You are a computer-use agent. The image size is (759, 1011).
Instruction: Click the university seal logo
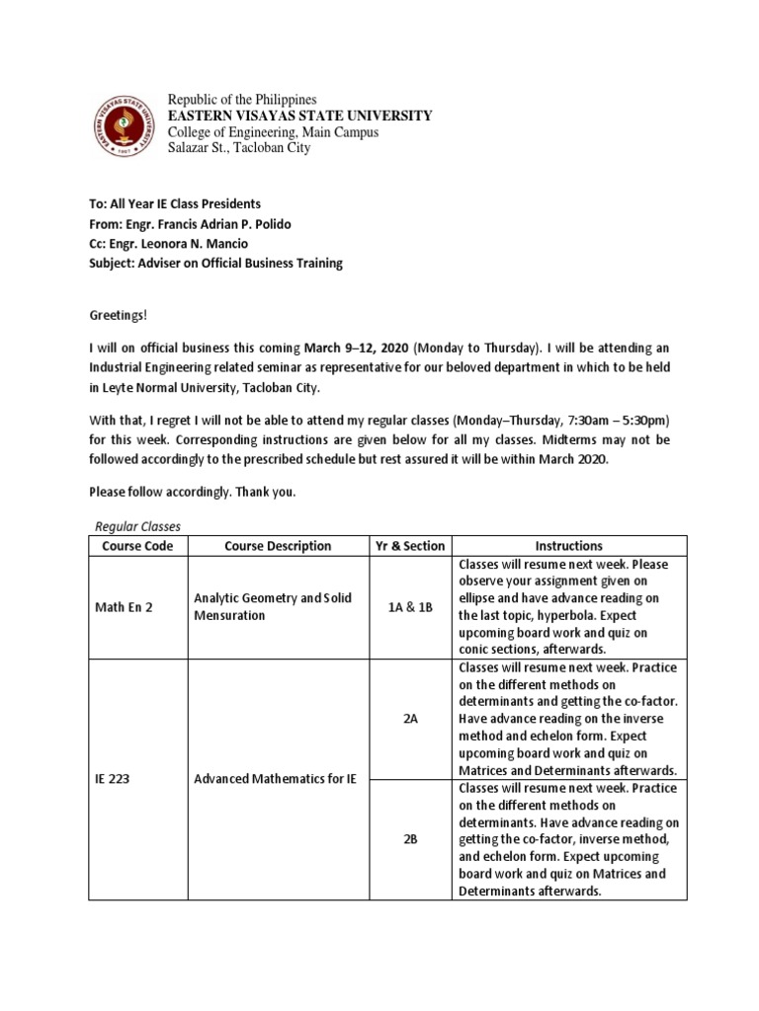click(x=124, y=124)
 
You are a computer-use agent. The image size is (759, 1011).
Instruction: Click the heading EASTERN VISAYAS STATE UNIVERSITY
click(x=300, y=117)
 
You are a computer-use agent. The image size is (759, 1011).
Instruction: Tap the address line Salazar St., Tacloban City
click(x=238, y=148)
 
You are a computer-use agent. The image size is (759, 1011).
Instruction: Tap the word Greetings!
click(x=118, y=314)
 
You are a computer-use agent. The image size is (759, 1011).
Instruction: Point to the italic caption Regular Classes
click(x=138, y=527)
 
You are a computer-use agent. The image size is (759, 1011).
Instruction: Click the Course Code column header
click(x=138, y=546)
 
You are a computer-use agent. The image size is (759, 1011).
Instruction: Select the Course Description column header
click(x=278, y=546)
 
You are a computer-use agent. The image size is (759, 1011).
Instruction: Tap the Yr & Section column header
click(x=411, y=546)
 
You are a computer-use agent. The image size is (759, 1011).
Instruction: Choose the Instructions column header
click(x=568, y=546)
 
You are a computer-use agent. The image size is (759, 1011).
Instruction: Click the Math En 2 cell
click(x=124, y=607)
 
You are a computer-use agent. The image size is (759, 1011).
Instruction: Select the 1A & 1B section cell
click(x=411, y=607)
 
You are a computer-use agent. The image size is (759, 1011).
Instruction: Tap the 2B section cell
click(x=411, y=838)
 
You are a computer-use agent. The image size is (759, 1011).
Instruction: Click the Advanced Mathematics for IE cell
click(x=275, y=779)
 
